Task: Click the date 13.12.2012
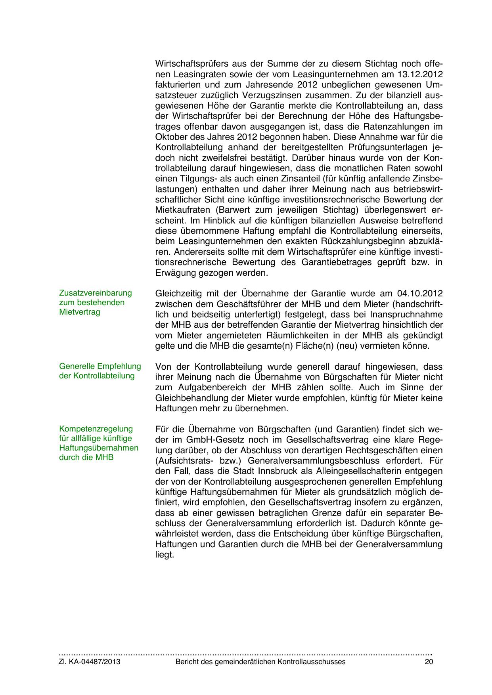click(x=420, y=74)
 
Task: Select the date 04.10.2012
click(x=419, y=294)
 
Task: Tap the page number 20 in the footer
click(x=429, y=662)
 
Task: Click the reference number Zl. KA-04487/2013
click(x=90, y=662)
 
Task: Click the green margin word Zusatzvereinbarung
click(x=95, y=293)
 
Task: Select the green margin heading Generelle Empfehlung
click(x=100, y=366)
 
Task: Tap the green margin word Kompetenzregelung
click(x=96, y=429)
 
